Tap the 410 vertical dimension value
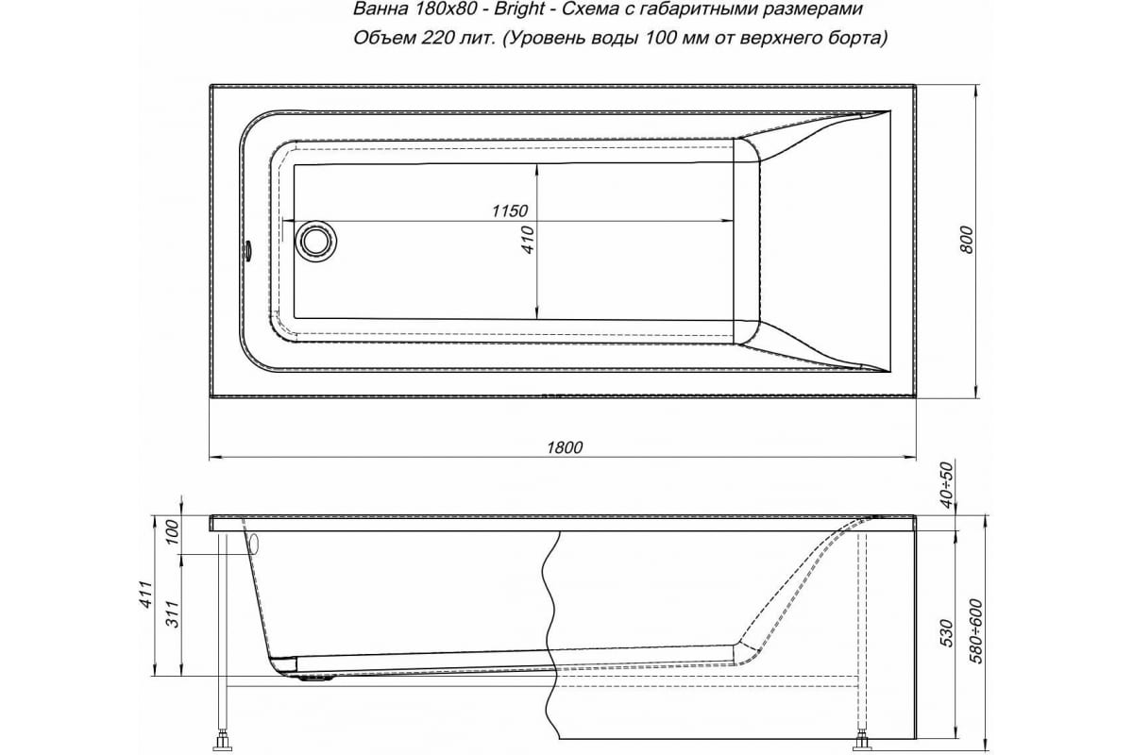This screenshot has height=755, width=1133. point(528,241)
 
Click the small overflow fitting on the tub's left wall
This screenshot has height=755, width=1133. point(247,252)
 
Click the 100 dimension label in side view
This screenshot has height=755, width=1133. point(172,533)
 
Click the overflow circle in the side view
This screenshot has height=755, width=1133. point(252,544)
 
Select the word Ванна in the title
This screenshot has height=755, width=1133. point(375,11)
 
